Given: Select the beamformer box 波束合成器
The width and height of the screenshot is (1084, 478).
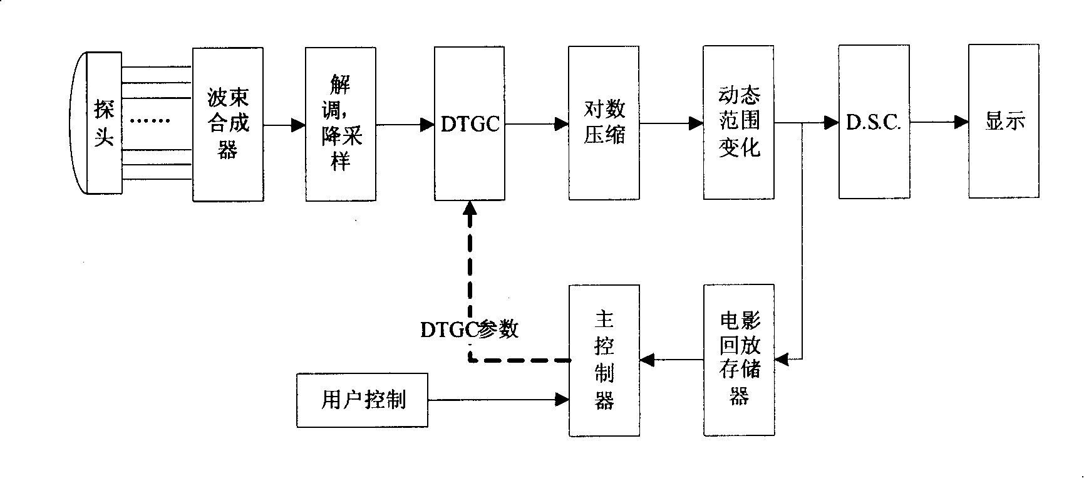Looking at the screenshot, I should click(228, 124).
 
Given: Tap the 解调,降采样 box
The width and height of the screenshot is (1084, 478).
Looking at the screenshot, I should click(341, 124).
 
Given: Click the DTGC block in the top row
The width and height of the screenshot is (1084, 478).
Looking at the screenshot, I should click(470, 124).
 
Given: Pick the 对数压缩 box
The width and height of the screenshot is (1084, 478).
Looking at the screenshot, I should click(604, 123).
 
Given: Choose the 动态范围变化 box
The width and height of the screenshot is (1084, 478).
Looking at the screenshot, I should click(738, 123).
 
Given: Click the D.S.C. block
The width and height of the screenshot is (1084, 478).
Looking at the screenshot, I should click(874, 122).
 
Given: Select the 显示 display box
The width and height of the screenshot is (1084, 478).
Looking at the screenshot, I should click(1004, 122).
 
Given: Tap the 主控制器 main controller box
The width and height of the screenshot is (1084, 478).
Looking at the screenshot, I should click(604, 360).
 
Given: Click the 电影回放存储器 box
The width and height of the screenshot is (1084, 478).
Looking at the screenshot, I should click(739, 360).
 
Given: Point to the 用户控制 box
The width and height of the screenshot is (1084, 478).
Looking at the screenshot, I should click(363, 400).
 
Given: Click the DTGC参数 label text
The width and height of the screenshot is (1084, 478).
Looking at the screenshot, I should click(470, 330).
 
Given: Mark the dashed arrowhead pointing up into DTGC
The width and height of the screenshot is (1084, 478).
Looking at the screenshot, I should click(470, 209).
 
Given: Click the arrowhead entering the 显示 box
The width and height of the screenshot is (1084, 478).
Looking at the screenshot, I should click(961, 122).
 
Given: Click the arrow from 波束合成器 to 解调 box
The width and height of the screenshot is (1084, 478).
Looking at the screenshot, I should click(284, 125).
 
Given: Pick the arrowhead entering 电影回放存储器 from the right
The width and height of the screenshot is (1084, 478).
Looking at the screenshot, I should click(782, 360).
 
